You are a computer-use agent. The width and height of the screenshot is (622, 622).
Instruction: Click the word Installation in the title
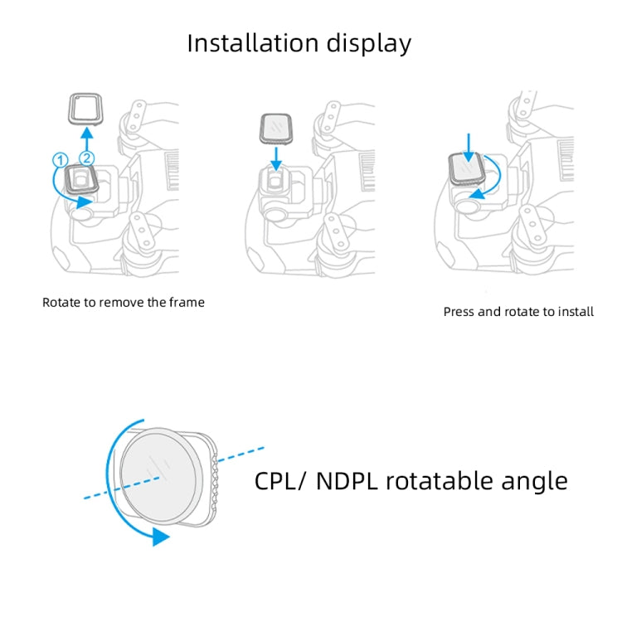[x=245, y=42]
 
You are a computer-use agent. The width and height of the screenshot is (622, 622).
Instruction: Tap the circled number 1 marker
[x=59, y=160]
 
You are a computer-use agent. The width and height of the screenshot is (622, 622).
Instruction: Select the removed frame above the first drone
[x=83, y=108]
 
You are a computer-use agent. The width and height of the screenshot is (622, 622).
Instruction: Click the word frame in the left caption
[x=186, y=303]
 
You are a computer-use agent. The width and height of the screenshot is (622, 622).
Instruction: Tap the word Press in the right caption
[x=461, y=312]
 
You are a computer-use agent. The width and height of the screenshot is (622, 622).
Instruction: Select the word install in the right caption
[x=575, y=312]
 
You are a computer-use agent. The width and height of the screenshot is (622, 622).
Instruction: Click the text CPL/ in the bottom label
[x=281, y=481]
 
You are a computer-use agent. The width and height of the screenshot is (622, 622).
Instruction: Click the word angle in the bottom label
[x=537, y=481]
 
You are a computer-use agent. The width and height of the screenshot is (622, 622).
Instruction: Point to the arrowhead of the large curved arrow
[x=160, y=537]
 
